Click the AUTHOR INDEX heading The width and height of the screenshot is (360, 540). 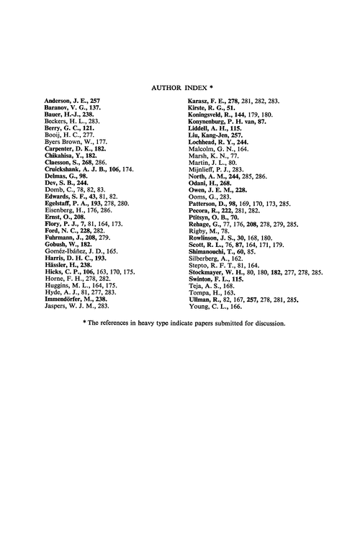pos(179,84)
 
